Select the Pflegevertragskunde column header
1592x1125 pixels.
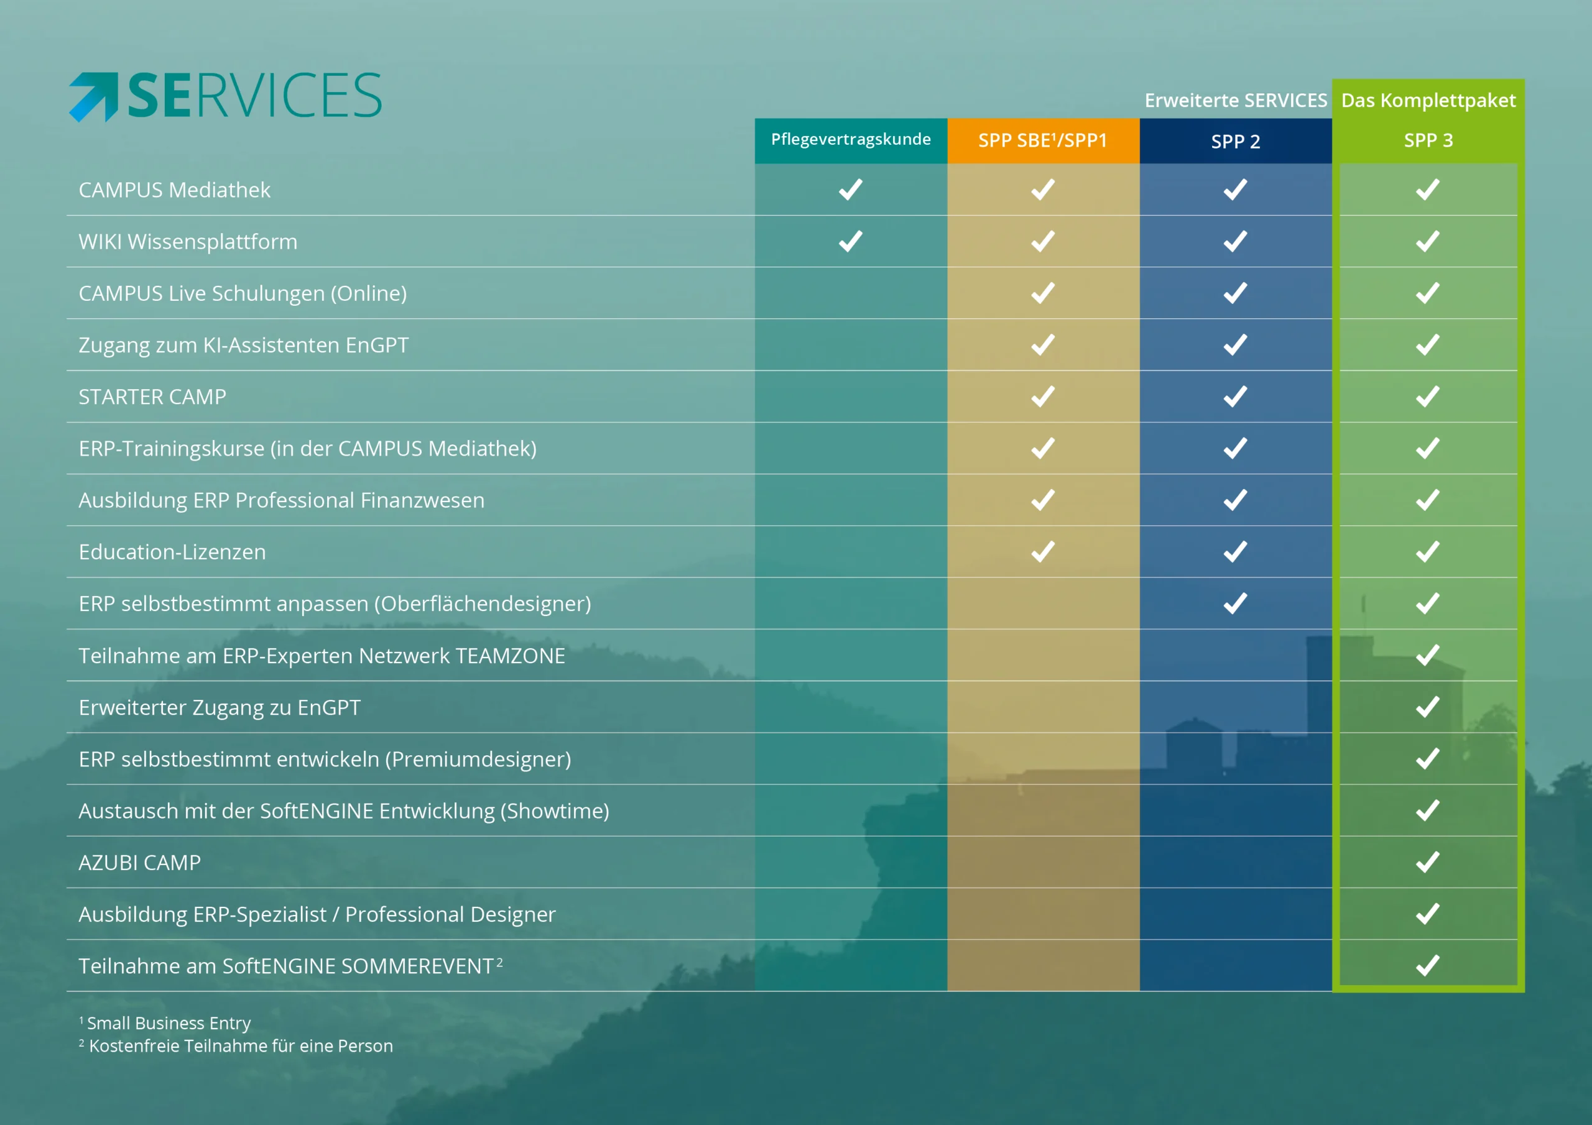(x=851, y=140)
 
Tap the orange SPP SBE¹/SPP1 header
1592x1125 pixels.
(x=1043, y=140)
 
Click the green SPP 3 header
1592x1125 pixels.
(x=1428, y=140)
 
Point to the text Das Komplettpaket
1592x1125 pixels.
(x=1428, y=101)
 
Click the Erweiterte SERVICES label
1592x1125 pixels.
(x=1236, y=101)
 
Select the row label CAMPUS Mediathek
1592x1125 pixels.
(x=175, y=190)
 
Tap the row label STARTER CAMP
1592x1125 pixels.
(x=152, y=397)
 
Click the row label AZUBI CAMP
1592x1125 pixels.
(x=140, y=862)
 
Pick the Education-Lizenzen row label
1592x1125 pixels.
(x=173, y=552)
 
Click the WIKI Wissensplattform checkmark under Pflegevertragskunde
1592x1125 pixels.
(x=851, y=241)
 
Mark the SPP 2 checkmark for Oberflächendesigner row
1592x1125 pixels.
(x=1236, y=603)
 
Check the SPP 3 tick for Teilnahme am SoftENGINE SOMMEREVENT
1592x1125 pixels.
(x=1428, y=965)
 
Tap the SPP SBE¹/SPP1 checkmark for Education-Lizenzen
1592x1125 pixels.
(x=1043, y=552)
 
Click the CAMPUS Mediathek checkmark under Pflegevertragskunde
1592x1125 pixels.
(x=851, y=189)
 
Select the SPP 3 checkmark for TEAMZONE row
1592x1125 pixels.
(x=1428, y=655)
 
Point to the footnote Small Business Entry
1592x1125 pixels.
(x=169, y=1023)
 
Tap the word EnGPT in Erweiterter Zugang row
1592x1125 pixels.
(x=329, y=708)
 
